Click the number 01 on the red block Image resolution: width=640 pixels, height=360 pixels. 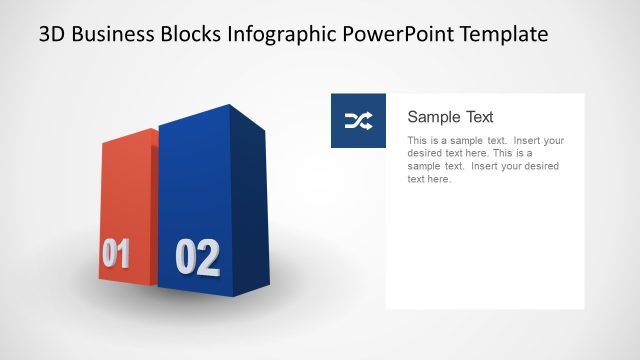click(x=115, y=254)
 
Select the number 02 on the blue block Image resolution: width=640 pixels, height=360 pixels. click(x=197, y=258)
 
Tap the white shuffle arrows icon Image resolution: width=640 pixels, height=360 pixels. click(x=358, y=121)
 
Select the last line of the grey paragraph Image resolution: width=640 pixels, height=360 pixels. click(x=430, y=180)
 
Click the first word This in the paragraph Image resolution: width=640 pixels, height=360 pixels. click(x=417, y=141)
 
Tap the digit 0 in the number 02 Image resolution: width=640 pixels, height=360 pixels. click(x=185, y=258)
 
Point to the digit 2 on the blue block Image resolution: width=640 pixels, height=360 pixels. click(x=208, y=258)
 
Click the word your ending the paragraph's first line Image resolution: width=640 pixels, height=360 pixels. click(x=553, y=141)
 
